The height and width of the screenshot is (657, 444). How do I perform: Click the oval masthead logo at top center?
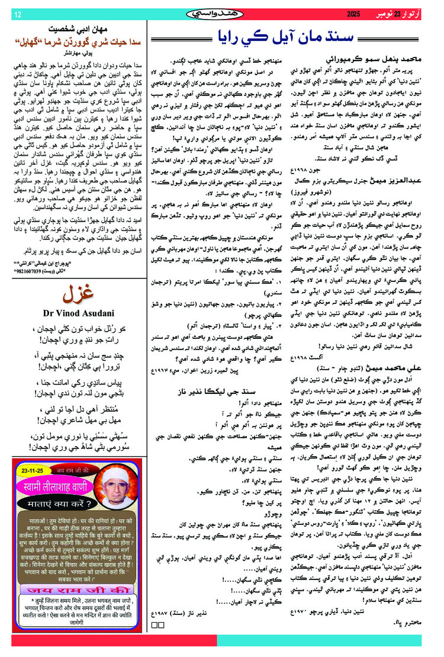pyautogui.click(x=222, y=13)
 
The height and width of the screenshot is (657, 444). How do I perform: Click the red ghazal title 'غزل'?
pyautogui.click(x=79, y=296)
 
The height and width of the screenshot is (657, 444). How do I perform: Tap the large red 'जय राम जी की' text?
pyautogui.click(x=78, y=575)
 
